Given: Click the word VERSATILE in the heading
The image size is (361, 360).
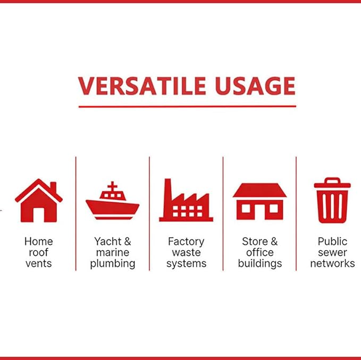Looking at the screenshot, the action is [x=142, y=86].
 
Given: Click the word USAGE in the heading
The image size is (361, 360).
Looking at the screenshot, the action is [x=255, y=86].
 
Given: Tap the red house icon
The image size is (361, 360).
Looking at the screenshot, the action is [x=39, y=201].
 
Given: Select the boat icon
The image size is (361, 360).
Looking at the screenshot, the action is [x=112, y=201].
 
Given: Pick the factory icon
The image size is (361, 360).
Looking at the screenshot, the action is [x=186, y=200].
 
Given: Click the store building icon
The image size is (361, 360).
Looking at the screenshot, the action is [x=259, y=201].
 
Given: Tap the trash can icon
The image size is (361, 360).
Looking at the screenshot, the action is [x=332, y=201].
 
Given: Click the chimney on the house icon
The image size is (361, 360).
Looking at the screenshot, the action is [x=53, y=187].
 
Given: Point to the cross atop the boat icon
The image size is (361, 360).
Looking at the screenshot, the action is [x=112, y=186].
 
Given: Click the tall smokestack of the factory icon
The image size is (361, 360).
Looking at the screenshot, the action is [x=167, y=198].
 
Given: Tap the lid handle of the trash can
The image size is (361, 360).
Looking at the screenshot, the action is [x=332, y=180].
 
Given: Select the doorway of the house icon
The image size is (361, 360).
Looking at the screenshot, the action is [x=39, y=215].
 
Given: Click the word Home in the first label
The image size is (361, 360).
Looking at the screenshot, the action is [x=39, y=242].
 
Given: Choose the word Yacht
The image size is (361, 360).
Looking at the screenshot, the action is [x=108, y=242].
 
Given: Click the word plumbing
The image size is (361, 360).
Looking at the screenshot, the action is [x=113, y=264].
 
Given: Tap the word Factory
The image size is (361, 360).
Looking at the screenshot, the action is [x=186, y=242].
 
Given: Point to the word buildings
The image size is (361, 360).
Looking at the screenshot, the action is [x=260, y=264].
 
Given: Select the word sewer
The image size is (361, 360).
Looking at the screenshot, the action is [x=332, y=253].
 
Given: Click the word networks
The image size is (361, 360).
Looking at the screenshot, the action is [x=332, y=263].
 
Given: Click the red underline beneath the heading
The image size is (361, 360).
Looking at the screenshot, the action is [x=187, y=106].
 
